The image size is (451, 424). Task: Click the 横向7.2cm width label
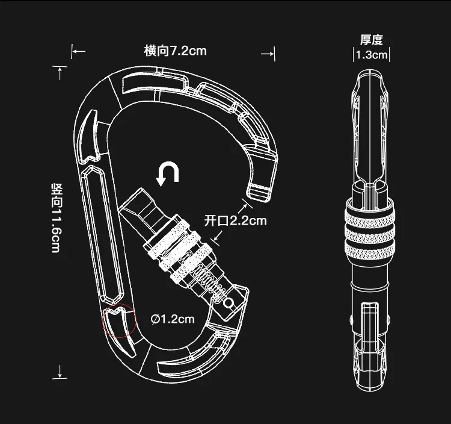pos(175,51)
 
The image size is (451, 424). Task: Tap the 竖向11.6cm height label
pos(57,218)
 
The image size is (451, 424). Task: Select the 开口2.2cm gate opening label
pos(236,220)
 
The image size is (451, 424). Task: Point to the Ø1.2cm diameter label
pos(173,319)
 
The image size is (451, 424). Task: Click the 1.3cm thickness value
pos(372,55)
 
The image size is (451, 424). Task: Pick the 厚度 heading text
pos(372,40)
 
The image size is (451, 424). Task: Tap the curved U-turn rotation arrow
pos(167,173)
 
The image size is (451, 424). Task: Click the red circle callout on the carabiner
pos(119,320)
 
